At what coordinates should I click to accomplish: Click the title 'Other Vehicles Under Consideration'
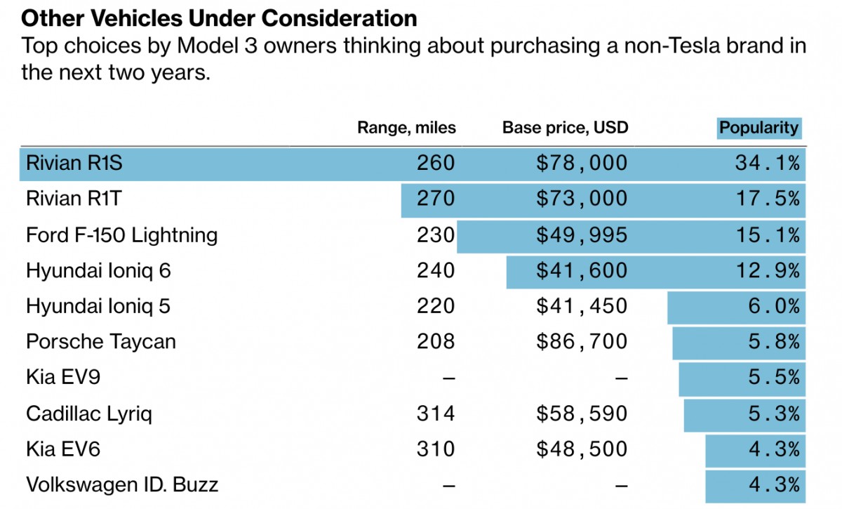tap(219, 18)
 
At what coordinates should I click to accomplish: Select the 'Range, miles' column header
tap(406, 128)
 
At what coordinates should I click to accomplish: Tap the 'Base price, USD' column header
tap(565, 128)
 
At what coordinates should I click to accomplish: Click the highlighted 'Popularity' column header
tap(759, 128)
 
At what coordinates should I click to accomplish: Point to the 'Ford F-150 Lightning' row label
tap(121, 234)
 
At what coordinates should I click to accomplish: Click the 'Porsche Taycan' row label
tap(100, 342)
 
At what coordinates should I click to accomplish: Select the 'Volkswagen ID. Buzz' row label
tap(122, 484)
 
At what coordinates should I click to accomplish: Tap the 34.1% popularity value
tap(767, 164)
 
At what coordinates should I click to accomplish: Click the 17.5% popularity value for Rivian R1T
tap(767, 199)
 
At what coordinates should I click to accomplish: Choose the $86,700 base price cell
tap(582, 342)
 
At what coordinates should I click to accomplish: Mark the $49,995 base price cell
tap(582, 234)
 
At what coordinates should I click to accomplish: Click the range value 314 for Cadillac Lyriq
tap(436, 414)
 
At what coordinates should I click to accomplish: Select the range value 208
tap(436, 342)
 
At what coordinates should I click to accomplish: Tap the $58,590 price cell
tap(582, 414)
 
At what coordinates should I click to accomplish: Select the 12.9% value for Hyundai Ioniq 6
tap(767, 270)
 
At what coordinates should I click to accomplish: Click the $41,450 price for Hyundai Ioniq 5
tap(582, 306)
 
